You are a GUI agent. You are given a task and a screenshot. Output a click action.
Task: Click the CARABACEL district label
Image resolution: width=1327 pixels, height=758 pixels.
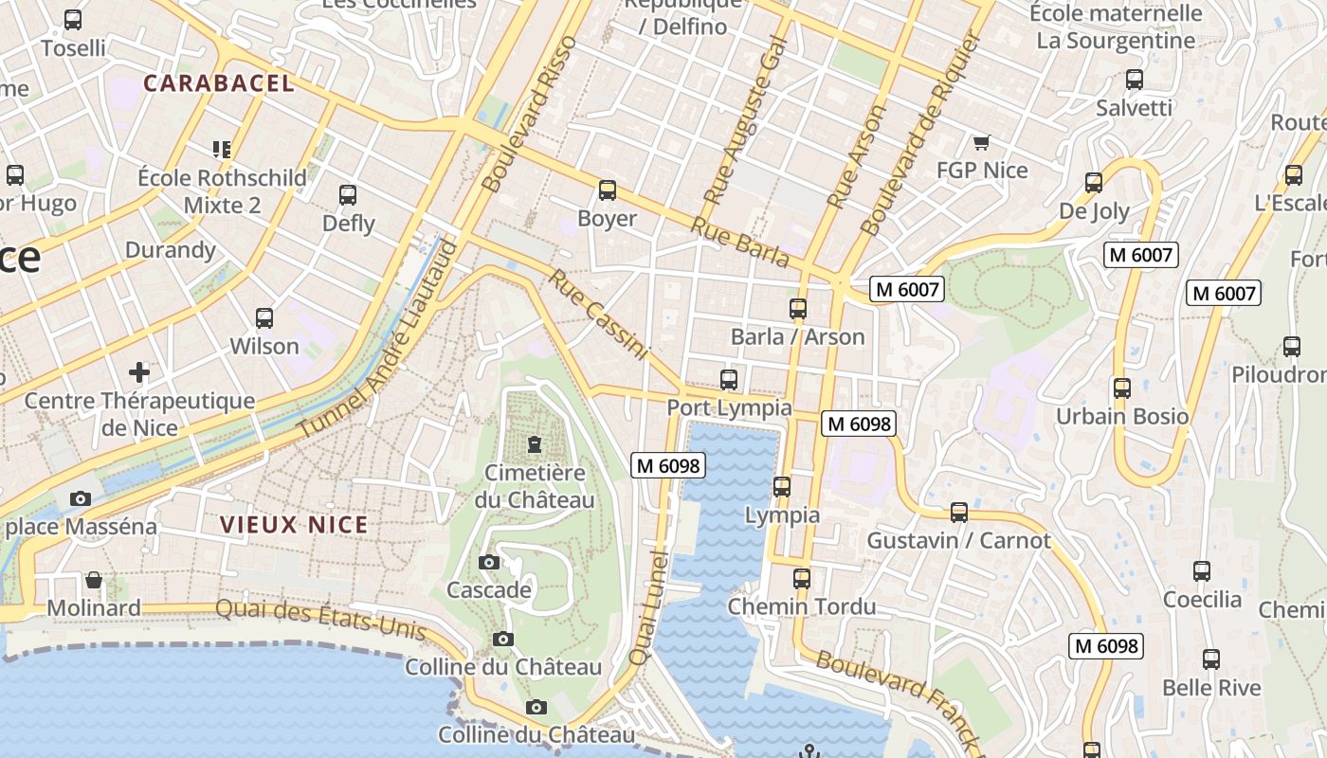tap(219, 83)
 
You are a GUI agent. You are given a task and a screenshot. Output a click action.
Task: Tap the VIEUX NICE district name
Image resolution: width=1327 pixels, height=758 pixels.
tap(294, 524)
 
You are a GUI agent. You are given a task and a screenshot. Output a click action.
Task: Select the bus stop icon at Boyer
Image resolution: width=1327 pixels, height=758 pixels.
tap(608, 190)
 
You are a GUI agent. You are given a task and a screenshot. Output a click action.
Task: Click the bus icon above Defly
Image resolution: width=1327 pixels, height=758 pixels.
tap(348, 195)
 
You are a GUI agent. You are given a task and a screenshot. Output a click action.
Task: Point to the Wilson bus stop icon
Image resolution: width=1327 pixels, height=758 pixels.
tap(264, 318)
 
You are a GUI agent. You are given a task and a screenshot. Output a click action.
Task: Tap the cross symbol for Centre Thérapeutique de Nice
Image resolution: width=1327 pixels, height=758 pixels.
tap(139, 371)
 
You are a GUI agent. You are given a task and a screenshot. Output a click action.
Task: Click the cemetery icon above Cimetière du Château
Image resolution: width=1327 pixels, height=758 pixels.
tap(535, 444)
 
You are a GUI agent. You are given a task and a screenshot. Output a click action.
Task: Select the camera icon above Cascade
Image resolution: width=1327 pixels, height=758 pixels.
tap(489, 563)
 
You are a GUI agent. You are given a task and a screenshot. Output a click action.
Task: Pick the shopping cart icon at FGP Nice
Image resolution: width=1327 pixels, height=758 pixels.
tap(981, 143)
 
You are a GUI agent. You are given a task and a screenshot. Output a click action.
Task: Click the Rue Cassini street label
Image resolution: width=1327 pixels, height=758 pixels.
tap(599, 316)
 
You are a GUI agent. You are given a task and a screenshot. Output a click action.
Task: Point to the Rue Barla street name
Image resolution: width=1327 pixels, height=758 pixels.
tap(739, 242)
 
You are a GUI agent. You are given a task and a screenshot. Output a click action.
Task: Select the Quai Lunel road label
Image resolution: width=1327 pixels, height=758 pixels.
tap(649, 606)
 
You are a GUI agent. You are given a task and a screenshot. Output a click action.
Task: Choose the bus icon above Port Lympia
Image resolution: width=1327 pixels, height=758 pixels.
tap(729, 380)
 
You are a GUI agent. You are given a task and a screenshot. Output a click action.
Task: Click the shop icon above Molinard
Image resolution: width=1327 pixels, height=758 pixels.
tap(94, 580)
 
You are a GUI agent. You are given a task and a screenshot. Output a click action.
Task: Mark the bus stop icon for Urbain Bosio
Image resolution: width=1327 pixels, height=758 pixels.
tap(1122, 388)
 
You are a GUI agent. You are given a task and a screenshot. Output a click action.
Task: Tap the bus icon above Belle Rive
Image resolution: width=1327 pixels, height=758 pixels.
tap(1211, 659)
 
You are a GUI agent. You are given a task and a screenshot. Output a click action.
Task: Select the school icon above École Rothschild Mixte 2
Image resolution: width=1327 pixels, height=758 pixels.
tap(222, 149)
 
